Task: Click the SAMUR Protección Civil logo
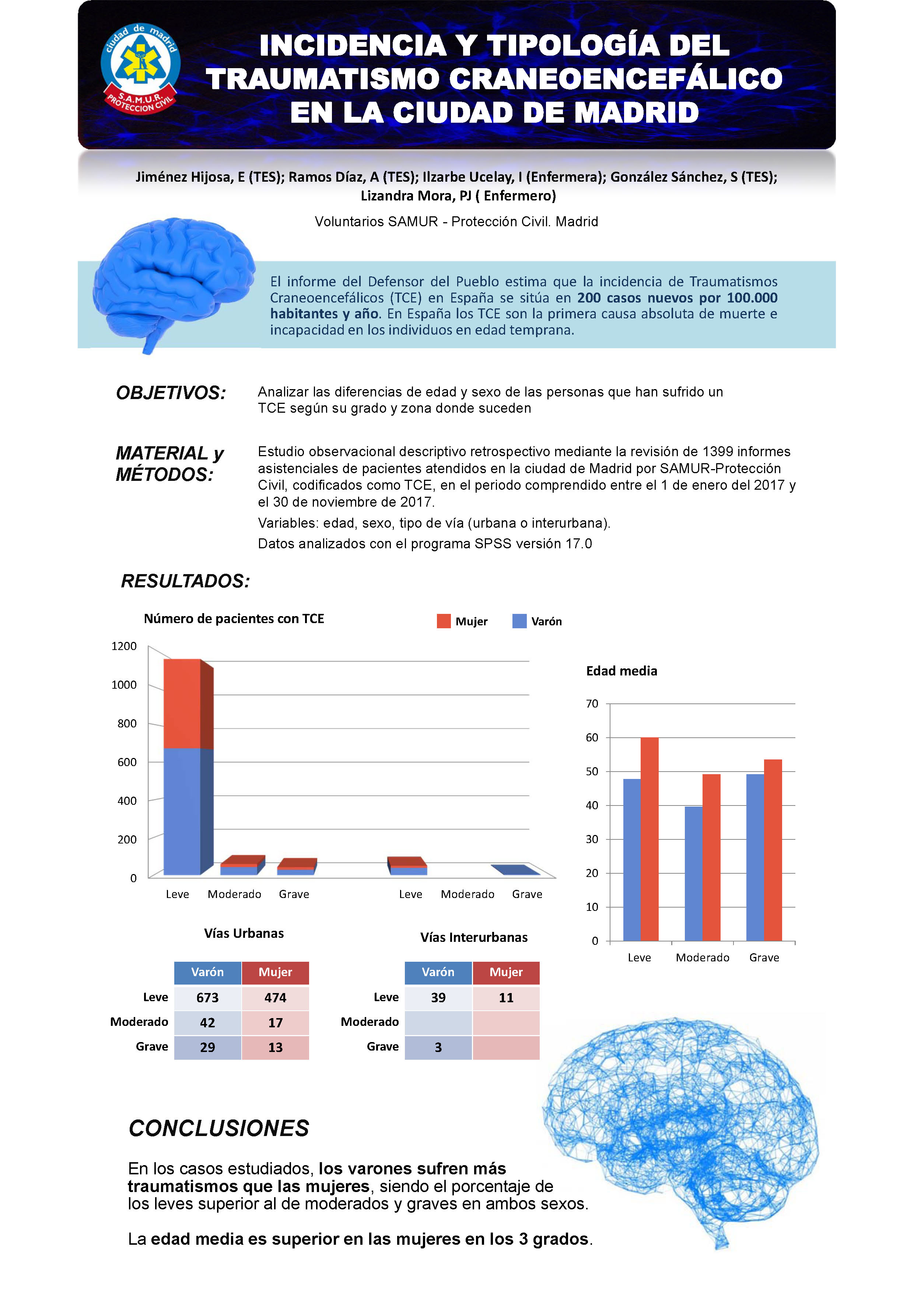click(140, 68)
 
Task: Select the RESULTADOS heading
click(185, 581)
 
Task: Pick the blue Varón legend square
click(519, 621)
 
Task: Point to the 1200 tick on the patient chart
click(124, 646)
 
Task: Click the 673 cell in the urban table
click(207, 997)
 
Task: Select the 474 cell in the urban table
click(276, 997)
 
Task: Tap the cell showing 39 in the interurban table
click(438, 997)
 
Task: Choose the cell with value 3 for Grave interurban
click(438, 1047)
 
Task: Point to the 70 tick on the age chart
click(592, 703)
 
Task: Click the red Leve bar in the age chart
click(649, 839)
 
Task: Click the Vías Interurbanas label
click(474, 937)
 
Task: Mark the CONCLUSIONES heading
click(219, 1128)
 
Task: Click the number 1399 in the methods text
click(718, 452)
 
